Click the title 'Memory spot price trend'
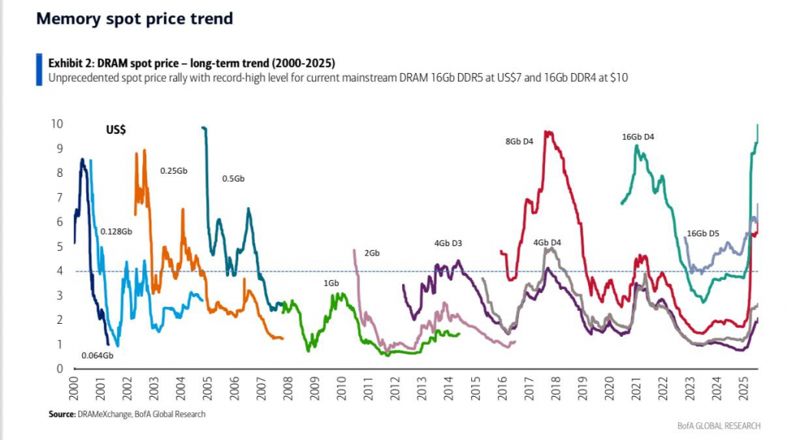click(134, 18)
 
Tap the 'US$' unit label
click(116, 129)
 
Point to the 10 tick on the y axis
click(57, 124)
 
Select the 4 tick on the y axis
click(60, 271)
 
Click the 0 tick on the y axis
click(60, 368)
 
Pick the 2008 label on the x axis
click(287, 388)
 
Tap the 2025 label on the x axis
click(743, 388)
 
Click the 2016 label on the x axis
click(502, 388)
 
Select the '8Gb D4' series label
click(519, 142)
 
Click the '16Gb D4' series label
click(638, 137)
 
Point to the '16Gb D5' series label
click(702, 234)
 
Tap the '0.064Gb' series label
click(98, 355)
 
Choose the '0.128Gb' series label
click(116, 232)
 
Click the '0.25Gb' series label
click(174, 171)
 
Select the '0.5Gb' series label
click(234, 178)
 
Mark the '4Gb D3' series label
click(448, 244)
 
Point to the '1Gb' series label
click(331, 283)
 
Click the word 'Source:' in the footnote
click(61, 415)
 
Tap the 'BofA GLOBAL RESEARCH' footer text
click(719, 426)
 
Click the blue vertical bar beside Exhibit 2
click(39, 70)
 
